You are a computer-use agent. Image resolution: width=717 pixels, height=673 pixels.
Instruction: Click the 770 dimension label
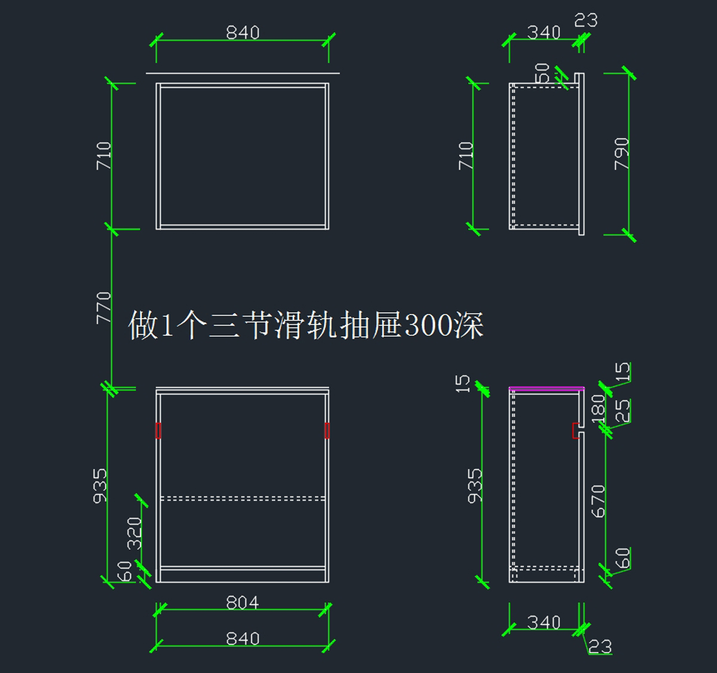coord(104,307)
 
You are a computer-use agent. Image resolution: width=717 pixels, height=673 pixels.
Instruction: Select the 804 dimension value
coord(243,602)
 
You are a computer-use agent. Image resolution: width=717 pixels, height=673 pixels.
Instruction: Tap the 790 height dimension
coord(621,154)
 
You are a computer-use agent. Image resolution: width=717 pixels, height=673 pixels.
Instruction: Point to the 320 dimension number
coord(135,533)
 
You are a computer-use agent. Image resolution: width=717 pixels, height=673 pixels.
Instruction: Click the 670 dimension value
coord(597,501)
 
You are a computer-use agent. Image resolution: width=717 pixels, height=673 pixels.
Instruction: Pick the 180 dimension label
coord(597,408)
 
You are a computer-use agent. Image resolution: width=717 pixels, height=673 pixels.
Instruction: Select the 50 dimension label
coord(542,73)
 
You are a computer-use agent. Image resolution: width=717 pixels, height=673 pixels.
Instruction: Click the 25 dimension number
coord(622,411)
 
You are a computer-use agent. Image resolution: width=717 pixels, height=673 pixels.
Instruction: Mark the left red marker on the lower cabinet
coord(158,430)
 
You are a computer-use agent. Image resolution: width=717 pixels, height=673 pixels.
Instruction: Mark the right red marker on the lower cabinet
coord(327,430)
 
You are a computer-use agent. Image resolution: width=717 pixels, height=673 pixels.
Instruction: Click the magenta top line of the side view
coord(546,388)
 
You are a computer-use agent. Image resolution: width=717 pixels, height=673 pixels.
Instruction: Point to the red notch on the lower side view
coord(576,430)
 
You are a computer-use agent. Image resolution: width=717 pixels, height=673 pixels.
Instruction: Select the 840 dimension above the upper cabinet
coord(243,32)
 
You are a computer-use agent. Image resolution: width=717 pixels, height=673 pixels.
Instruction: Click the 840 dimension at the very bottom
coord(243,638)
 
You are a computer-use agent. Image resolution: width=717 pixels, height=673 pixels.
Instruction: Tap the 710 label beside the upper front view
coord(104,155)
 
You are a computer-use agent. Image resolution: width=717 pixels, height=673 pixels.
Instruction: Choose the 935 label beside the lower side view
coord(474,485)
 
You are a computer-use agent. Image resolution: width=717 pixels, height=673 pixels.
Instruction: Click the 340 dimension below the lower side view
coord(544,623)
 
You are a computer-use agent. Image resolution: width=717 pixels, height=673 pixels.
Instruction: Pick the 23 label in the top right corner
coord(586,20)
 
